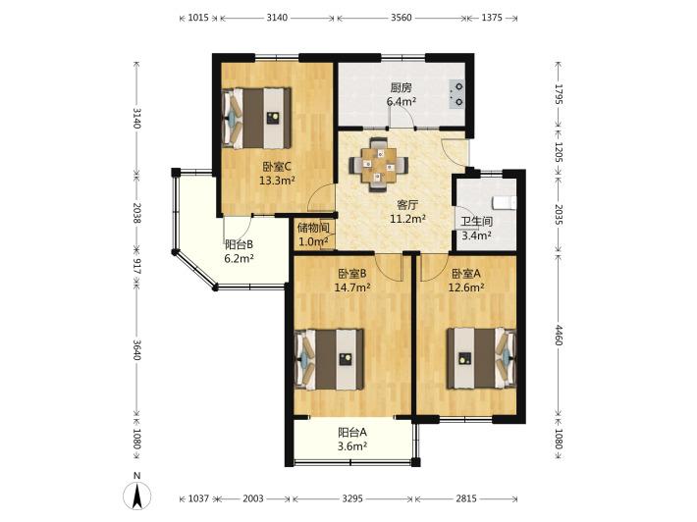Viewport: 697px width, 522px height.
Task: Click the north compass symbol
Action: (x=136, y=495)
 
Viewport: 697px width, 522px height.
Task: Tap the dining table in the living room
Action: (x=379, y=165)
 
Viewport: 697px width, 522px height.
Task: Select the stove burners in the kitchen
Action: (x=456, y=94)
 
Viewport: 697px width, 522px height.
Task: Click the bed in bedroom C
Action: (x=256, y=118)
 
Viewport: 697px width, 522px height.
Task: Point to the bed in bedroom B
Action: (x=330, y=359)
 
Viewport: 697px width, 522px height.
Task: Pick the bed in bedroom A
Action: (x=482, y=358)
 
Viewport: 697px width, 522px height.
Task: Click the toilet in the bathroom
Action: (x=505, y=202)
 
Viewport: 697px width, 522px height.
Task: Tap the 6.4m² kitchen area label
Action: (x=402, y=101)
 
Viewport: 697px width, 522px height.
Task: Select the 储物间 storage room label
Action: (x=314, y=229)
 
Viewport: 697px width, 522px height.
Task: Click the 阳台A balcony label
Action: (x=352, y=432)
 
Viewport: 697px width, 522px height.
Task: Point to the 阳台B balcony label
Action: (x=240, y=244)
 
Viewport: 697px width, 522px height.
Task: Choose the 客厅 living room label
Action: (x=407, y=205)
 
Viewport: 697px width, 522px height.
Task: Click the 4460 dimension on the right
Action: (x=559, y=336)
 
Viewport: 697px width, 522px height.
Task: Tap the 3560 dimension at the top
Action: (x=402, y=18)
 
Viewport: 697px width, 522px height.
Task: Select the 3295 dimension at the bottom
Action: (x=353, y=498)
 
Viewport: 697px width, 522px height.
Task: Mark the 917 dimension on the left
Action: (x=136, y=266)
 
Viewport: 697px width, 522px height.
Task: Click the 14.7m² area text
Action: (x=352, y=287)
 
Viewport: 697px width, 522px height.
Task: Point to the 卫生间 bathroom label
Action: (x=476, y=222)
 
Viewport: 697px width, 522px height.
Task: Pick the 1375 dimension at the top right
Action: (x=492, y=18)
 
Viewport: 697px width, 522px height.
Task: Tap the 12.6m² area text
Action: (x=466, y=287)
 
